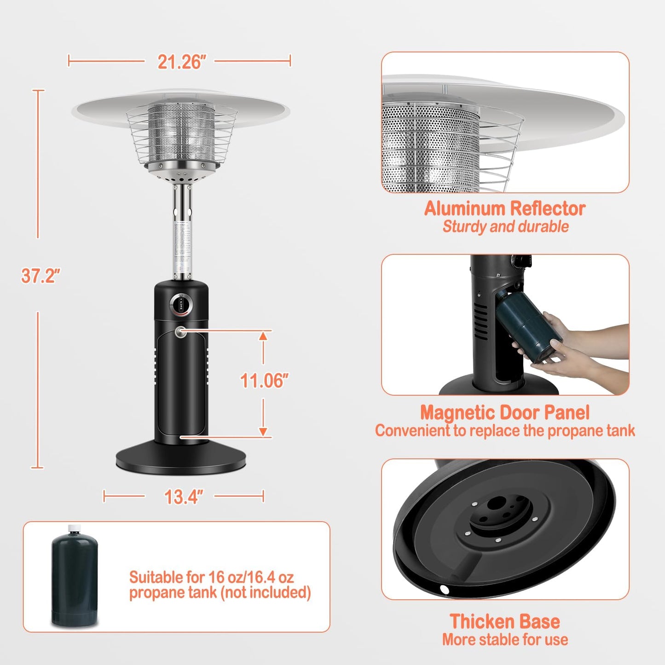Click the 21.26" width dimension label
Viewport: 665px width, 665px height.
[x=181, y=62]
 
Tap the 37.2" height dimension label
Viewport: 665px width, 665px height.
[x=40, y=276]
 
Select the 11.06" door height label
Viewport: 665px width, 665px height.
[x=264, y=381]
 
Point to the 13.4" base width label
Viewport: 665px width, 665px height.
[x=183, y=497]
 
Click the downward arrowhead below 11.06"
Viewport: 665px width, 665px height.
[x=263, y=431]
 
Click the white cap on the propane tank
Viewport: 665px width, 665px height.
[x=74, y=528]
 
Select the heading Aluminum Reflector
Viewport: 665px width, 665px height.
[x=504, y=208]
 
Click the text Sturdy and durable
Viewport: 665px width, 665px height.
[x=505, y=226]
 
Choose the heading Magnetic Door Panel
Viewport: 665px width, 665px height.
[x=504, y=412]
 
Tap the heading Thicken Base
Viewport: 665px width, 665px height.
[x=504, y=621]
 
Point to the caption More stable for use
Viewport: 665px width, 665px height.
[x=505, y=639]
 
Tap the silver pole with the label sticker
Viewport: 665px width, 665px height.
[x=183, y=244]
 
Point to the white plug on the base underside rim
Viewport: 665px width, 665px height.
[x=444, y=589]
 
